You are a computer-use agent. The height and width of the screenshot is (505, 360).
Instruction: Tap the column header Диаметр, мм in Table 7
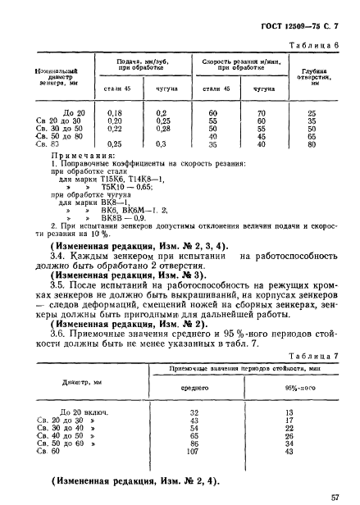tap(75, 382)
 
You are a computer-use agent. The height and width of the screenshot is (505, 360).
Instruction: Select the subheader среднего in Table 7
tap(194, 389)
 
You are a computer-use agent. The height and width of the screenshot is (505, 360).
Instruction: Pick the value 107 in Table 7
tap(194, 450)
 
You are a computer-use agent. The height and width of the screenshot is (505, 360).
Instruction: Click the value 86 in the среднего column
tap(194, 442)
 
